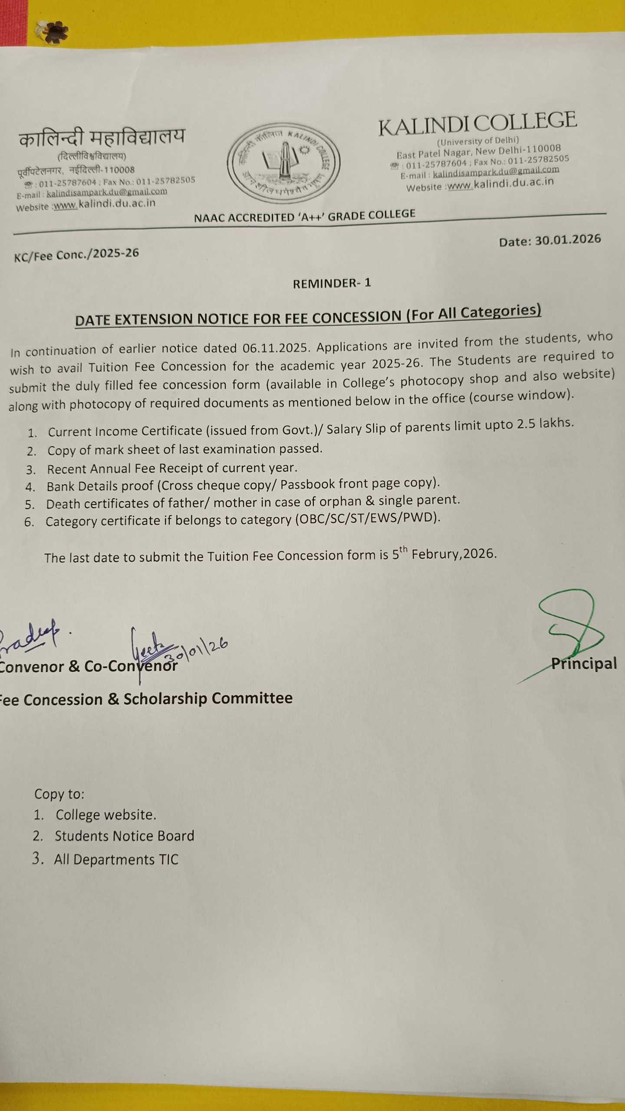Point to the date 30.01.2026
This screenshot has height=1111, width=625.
tap(568, 240)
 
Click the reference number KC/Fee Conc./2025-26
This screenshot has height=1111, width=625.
tap(76, 255)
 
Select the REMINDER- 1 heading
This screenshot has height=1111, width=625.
tap(332, 283)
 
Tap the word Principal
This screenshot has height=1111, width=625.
tap(584, 664)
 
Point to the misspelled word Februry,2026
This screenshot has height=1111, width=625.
tap(454, 554)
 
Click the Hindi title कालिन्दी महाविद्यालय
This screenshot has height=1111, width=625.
tap(102, 138)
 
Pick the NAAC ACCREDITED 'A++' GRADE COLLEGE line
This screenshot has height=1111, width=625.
tap(304, 216)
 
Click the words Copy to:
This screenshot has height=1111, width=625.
tap(59, 794)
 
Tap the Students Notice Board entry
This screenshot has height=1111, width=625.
tap(124, 835)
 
